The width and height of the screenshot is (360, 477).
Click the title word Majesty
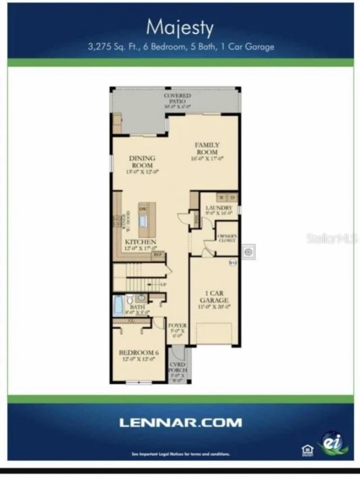click(180, 27)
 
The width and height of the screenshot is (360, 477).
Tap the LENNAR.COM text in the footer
click(180, 422)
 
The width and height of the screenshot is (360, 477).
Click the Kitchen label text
click(137, 242)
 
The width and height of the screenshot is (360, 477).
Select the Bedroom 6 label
click(139, 356)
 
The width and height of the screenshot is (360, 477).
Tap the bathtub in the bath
click(118, 305)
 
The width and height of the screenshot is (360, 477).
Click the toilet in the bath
click(129, 299)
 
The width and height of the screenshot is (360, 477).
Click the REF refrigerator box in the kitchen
click(158, 255)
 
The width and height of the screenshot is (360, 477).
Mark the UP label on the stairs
click(164, 285)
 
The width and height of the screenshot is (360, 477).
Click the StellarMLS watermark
click(332, 238)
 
